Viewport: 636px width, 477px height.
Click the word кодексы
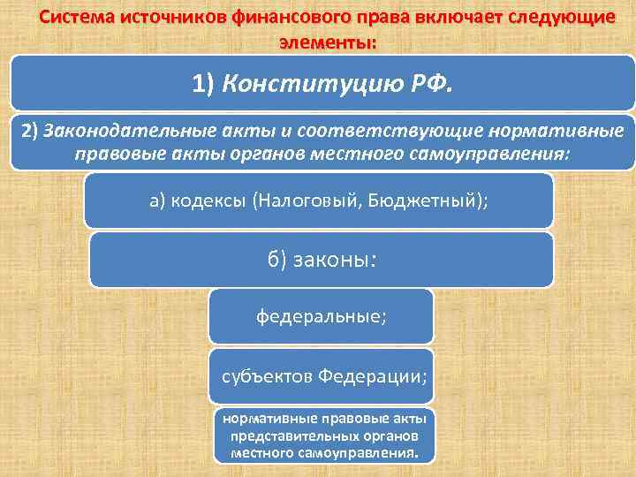click(210, 200)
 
